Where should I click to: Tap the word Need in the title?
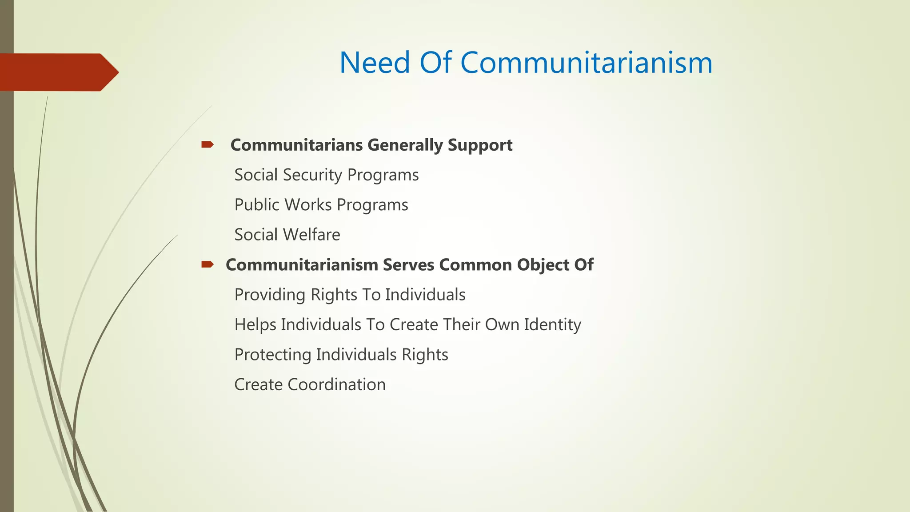tap(375, 63)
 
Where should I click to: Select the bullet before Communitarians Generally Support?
tap(208, 144)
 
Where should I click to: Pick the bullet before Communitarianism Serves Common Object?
tap(208, 264)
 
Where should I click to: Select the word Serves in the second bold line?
tap(408, 265)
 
